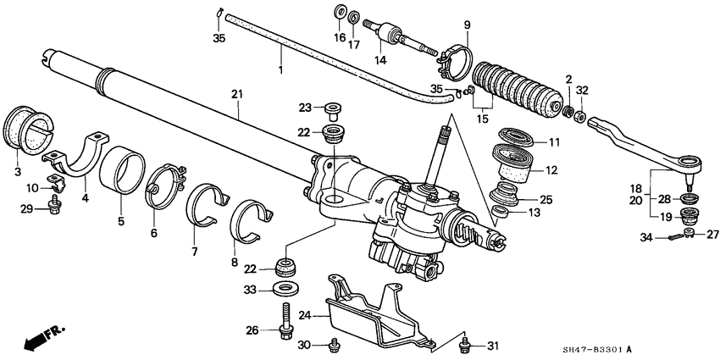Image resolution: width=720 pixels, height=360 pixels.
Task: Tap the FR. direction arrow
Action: [x=42, y=339]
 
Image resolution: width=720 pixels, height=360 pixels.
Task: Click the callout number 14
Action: [x=381, y=61]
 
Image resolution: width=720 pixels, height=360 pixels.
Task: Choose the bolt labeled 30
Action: [x=335, y=343]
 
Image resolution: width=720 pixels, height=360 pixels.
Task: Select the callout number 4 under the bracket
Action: [x=84, y=198]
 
